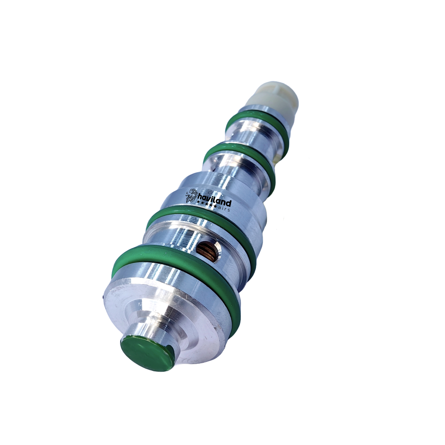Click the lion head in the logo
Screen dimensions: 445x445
[191, 196]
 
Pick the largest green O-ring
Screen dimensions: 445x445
[176, 282]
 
